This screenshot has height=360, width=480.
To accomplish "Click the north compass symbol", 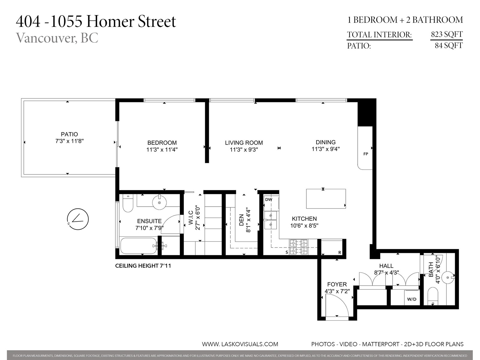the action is click(78, 219).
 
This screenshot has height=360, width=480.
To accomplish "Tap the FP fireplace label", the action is click(366, 154).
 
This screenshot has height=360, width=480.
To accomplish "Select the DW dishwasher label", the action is click(268, 199).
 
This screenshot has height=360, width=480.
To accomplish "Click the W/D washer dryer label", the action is click(412, 299).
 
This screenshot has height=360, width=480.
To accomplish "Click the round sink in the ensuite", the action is click(159, 202).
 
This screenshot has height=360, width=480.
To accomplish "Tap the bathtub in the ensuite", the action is click(139, 246).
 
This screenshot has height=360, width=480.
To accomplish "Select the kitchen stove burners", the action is click(298, 247).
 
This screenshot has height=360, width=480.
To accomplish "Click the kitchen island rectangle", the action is click(326, 199).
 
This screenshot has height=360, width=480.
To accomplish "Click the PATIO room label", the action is click(69, 134).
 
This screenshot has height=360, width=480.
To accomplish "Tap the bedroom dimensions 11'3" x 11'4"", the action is click(162, 150).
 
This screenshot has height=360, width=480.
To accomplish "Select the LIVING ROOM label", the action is click(244, 143).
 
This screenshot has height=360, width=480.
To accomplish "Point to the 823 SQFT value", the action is click(447, 34).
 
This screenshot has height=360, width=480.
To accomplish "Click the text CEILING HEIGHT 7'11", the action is click(143, 266).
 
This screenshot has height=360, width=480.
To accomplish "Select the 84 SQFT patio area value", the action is click(449, 46).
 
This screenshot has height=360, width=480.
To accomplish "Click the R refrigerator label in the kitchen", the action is click(340, 253).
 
